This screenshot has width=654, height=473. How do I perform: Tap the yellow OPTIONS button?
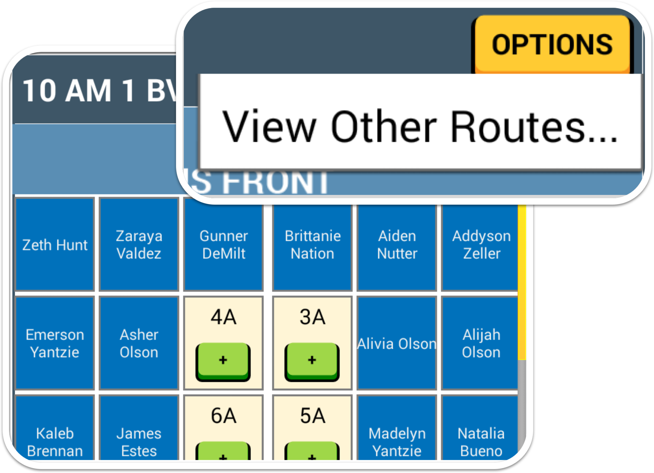pos(552,44)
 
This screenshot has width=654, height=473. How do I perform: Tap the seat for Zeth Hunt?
pos(55,245)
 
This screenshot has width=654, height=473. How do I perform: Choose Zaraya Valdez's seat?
pos(139,245)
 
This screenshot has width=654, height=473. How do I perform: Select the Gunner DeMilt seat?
pos(224,245)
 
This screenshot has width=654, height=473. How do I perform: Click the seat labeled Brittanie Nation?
pos(312,245)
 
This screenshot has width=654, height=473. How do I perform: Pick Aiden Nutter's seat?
pos(397,245)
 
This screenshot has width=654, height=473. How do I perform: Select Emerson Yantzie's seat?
pos(55,343)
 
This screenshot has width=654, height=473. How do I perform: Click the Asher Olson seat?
pos(139,343)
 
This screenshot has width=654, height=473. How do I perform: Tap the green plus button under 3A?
pos(312,361)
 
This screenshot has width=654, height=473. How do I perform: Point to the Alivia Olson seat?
pos(397,343)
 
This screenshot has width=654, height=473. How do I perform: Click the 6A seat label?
pos(224,416)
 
